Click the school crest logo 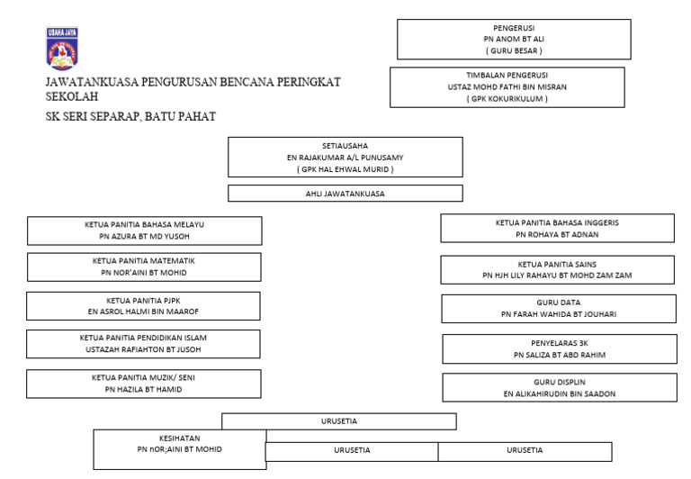tap(61, 49)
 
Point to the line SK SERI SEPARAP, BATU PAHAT tap(130, 116)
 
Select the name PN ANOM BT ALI tap(514, 40)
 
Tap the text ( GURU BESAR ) tap(514, 51)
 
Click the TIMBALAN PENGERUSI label tap(507, 75)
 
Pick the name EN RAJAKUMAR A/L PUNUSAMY tap(345, 157)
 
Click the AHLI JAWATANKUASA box tap(345, 193)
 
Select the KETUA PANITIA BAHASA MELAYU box tap(145, 230)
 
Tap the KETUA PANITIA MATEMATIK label tap(144, 260)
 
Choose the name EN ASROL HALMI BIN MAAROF tap(144, 312)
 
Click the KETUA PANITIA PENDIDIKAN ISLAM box tap(144, 344)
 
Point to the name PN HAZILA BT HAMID tap(144, 389)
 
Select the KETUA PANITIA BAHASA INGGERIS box tap(557, 228)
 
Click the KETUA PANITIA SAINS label tap(558, 264)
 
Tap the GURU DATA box tap(558, 308)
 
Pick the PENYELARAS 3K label tap(559, 343)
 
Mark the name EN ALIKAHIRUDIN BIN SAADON tap(559, 393)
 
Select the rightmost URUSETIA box tap(525, 450)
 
